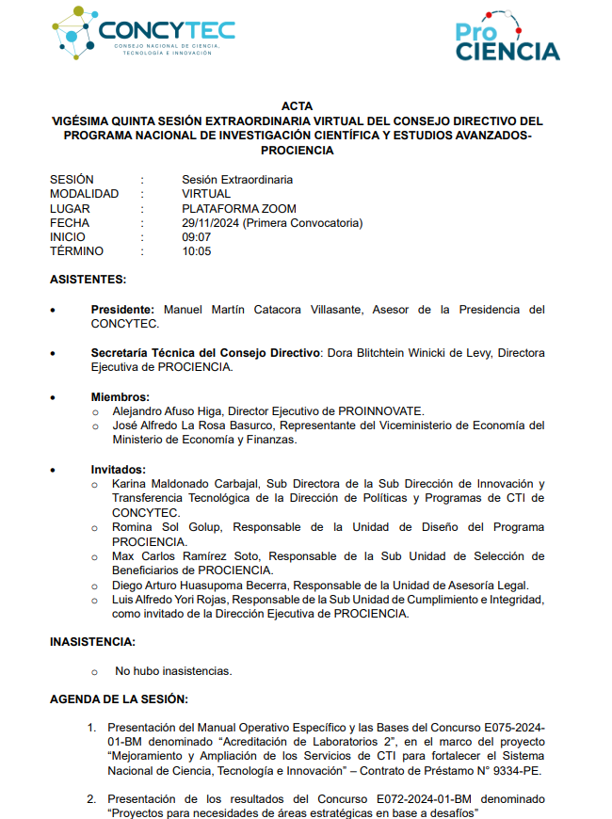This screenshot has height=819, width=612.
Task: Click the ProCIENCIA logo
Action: click(x=507, y=39)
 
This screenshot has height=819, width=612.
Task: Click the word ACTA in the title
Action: click(x=297, y=106)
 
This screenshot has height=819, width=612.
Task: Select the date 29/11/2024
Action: click(x=212, y=223)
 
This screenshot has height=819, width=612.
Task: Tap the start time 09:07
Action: click(x=196, y=237)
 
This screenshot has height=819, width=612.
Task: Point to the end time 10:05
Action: click(x=196, y=251)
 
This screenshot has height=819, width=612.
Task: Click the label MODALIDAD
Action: click(x=84, y=194)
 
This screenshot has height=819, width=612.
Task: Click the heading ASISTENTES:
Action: click(x=88, y=280)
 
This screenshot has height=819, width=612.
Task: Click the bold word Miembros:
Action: click(x=121, y=397)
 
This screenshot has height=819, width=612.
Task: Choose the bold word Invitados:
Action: click(x=119, y=470)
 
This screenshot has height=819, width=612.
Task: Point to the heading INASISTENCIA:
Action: click(x=92, y=642)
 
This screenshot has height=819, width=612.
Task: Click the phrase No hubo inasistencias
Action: click(x=173, y=671)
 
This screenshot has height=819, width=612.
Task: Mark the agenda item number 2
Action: click(x=92, y=799)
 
